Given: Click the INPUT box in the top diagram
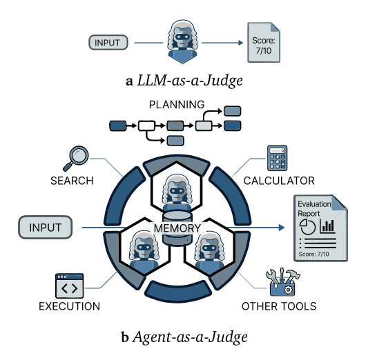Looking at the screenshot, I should (108, 43).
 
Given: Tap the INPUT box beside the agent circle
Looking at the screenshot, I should (46, 227).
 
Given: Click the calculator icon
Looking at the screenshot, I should (277, 159).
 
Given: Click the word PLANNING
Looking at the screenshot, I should (177, 105).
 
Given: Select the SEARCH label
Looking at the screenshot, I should (71, 181).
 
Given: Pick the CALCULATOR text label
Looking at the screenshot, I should (278, 181).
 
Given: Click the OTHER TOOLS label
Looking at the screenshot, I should (279, 306).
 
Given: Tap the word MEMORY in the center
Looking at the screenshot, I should (177, 228).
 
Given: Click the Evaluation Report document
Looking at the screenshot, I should (317, 228).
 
